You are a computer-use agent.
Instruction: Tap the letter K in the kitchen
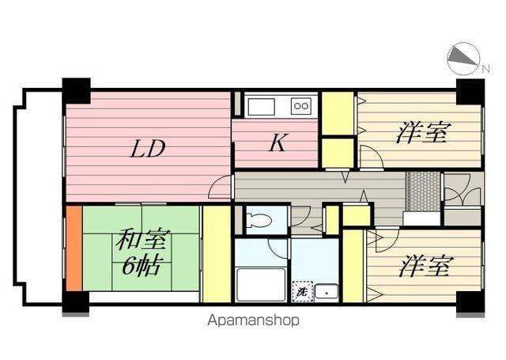pos(276,143)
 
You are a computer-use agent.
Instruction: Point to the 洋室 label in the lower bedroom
pos(425,267)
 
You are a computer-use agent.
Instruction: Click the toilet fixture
pos(257,222)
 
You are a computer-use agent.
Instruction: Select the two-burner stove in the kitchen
pos(301,106)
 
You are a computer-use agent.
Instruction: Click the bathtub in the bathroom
pos(260,285)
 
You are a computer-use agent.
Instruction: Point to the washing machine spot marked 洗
pos(301,291)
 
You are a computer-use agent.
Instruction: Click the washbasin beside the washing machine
pos(326,291)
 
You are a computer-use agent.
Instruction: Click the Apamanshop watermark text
pos(253,320)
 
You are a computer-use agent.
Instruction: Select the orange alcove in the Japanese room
pos(74,248)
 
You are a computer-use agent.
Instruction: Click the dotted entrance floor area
pos(422,191)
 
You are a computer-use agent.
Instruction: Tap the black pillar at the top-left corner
pos(77,90)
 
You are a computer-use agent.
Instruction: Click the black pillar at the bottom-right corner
pos(469,302)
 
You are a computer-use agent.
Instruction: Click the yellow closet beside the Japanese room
pos(216,253)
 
